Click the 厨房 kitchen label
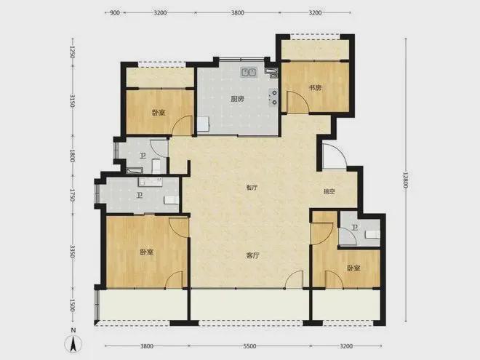click(x=237, y=100)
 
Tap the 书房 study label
click(x=314, y=88)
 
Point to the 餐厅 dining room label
click(x=252, y=188)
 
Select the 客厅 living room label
click(x=252, y=255)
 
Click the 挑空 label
click(x=329, y=192)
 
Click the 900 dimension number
click(x=115, y=13)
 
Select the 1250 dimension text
click(x=73, y=52)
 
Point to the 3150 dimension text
click(x=73, y=103)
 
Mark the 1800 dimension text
click(x=73, y=154)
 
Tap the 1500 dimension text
click(x=73, y=304)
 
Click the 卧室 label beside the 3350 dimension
click(x=146, y=252)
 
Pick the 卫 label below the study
click(x=354, y=228)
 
